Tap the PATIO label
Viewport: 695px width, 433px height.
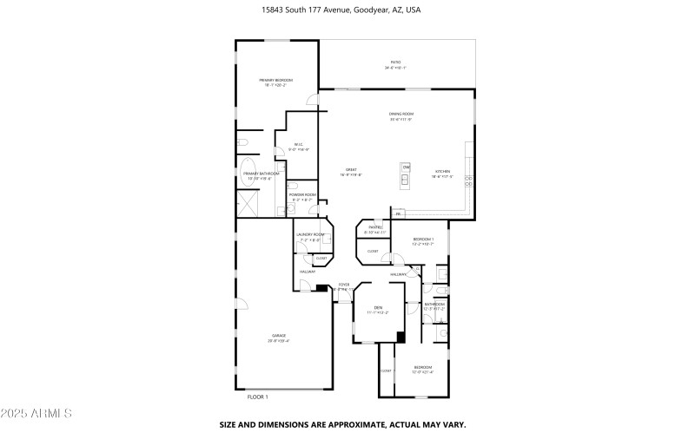tap(395, 62)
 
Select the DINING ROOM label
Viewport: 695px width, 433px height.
tap(400, 115)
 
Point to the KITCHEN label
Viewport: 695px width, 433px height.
tap(443, 171)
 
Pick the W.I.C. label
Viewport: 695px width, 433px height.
tap(298, 144)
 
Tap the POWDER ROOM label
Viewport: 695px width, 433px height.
tap(302, 195)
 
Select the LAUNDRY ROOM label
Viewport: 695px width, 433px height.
tap(310, 235)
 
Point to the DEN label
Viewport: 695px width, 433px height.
tap(378, 308)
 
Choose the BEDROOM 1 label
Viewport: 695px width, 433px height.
tap(423, 239)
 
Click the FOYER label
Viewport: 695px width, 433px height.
tap(344, 285)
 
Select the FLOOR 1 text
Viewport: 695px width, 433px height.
tap(258, 397)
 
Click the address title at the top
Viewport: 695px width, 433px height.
tap(347, 10)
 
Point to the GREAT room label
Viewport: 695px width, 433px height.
tap(352, 170)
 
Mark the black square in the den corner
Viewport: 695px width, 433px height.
tap(400, 336)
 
